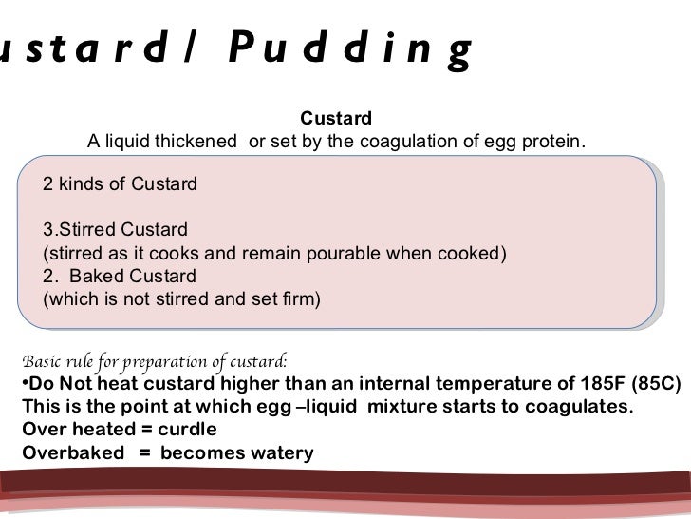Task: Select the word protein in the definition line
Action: coord(555,142)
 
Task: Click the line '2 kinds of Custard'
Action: coord(121,184)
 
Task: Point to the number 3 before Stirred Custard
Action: coord(49,230)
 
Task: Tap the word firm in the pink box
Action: coord(301,299)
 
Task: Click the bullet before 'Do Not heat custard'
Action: coord(23,384)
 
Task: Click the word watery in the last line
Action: coord(281,452)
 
